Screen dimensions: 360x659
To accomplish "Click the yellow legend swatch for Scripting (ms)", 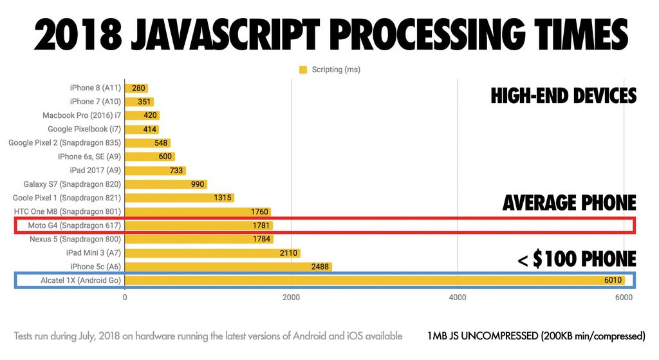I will (304, 70).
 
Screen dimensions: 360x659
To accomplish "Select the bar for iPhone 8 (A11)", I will (136, 88).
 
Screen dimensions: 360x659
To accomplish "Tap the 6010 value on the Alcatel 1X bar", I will (611, 280).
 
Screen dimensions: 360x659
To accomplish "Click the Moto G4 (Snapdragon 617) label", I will (75, 225).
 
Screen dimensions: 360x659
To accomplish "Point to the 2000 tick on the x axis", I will (291, 298).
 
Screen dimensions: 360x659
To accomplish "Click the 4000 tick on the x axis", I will (457, 298).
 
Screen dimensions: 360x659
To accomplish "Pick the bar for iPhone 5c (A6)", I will (228, 267).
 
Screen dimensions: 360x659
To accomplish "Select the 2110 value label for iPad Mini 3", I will (288, 253).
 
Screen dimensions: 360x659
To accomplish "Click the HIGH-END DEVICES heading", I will (563, 97).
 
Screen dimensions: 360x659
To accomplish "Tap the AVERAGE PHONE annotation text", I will (569, 204).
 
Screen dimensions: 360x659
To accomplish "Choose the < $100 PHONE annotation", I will (577, 259).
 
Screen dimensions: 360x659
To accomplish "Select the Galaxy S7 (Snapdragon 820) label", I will (72, 184).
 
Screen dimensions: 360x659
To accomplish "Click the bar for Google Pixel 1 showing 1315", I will (179, 198).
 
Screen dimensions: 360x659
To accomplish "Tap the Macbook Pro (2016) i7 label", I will (82, 115).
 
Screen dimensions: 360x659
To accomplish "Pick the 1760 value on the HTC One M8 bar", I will (259, 212).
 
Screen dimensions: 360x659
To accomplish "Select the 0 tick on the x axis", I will (125, 298).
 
